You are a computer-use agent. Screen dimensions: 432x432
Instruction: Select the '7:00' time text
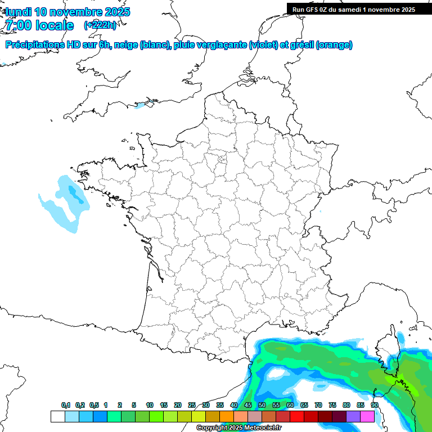17,25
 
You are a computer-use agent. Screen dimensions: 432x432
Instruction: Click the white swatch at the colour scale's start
57,416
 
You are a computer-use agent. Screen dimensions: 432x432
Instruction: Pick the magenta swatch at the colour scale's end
367,416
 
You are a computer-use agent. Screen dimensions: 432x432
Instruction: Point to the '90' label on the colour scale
374,406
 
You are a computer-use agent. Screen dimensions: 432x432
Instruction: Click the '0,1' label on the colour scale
66,406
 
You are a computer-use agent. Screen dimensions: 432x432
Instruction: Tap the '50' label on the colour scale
262,406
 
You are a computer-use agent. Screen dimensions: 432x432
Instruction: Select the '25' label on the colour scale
192,406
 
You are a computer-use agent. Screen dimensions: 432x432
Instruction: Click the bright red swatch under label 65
297,416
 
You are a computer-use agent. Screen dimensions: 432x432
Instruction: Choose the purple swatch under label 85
353,416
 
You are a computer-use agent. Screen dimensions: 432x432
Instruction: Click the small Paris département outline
222,160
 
